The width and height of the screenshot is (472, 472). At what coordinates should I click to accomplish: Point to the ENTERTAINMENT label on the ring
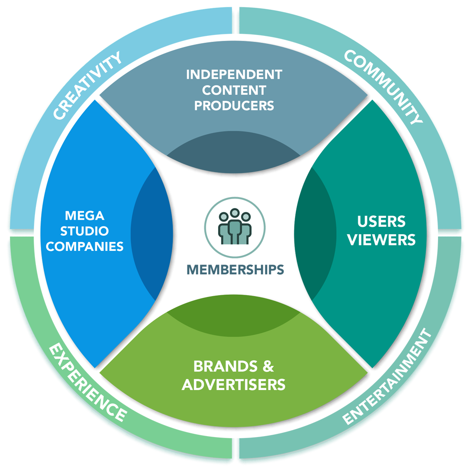point(387,378)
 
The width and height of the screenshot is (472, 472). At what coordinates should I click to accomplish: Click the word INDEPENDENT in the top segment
point(234,75)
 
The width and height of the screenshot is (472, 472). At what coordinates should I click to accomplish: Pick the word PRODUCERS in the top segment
point(234,106)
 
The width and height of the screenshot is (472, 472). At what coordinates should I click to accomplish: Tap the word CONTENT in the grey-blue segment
point(234,90)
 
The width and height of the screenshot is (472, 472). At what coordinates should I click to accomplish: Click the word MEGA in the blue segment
point(85,216)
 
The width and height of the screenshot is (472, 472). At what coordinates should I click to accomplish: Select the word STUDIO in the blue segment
point(85,231)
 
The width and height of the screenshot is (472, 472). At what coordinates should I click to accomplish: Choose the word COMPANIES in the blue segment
point(85,246)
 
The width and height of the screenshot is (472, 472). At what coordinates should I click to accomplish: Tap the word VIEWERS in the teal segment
point(381,240)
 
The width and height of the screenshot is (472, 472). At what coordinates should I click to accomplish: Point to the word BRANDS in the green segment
point(220,366)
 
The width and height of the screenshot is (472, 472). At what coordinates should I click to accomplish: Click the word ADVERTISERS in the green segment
point(234,384)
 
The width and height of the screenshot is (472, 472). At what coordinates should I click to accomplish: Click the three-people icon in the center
point(234,226)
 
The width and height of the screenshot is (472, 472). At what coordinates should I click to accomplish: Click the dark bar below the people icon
point(241,269)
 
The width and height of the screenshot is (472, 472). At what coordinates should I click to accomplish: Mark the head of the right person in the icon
point(245,218)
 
